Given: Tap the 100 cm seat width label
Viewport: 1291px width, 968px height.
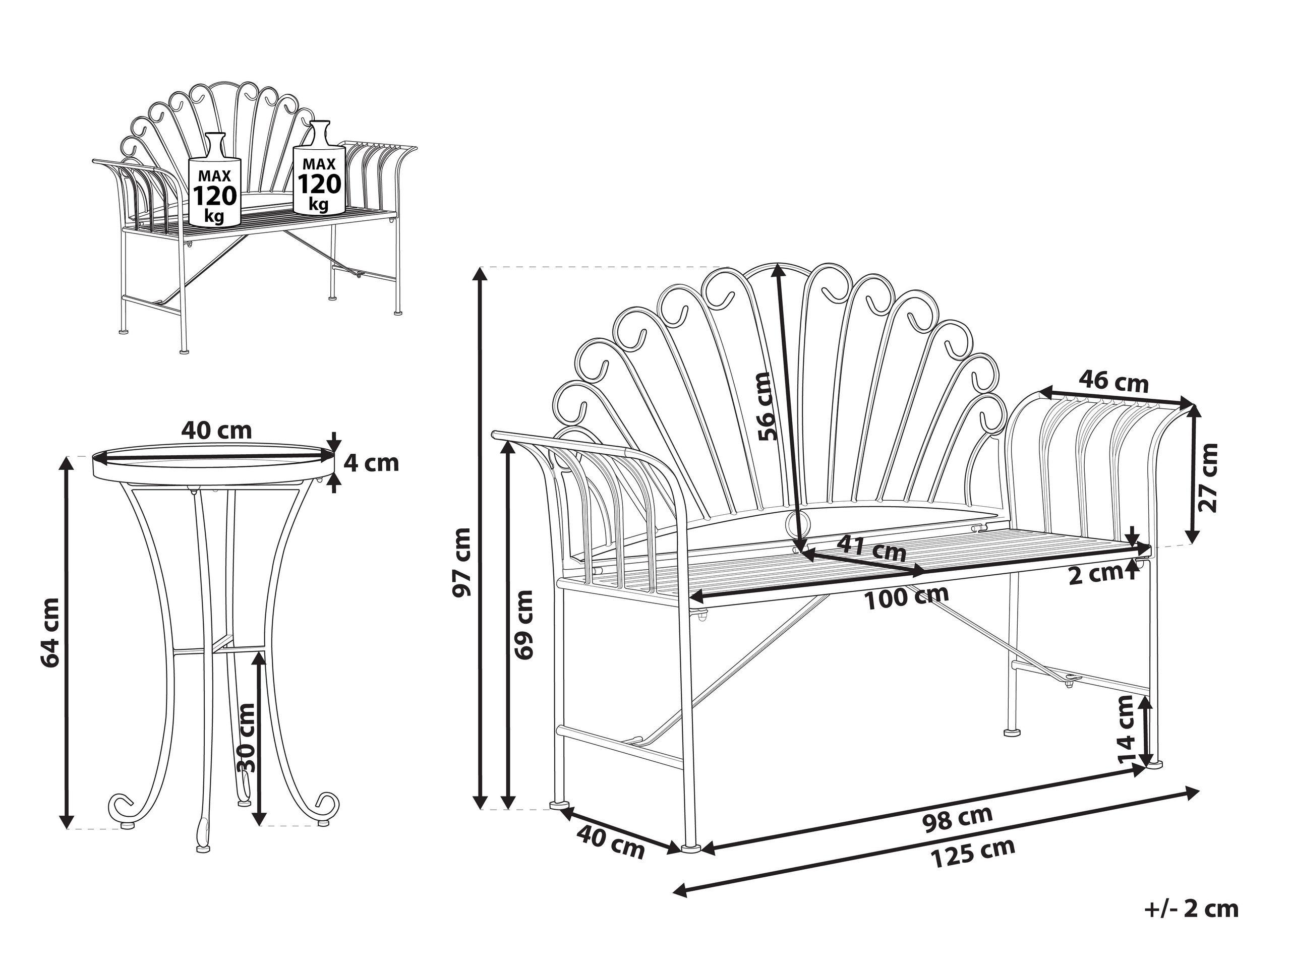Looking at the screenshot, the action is (906, 596).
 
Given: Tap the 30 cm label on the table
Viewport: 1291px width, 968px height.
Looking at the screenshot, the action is (248, 738).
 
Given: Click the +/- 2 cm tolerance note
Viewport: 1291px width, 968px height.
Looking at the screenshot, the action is (1192, 909).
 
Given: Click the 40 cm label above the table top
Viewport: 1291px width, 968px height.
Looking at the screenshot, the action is (216, 430).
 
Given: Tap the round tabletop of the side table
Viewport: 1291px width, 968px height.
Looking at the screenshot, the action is (214, 460).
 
